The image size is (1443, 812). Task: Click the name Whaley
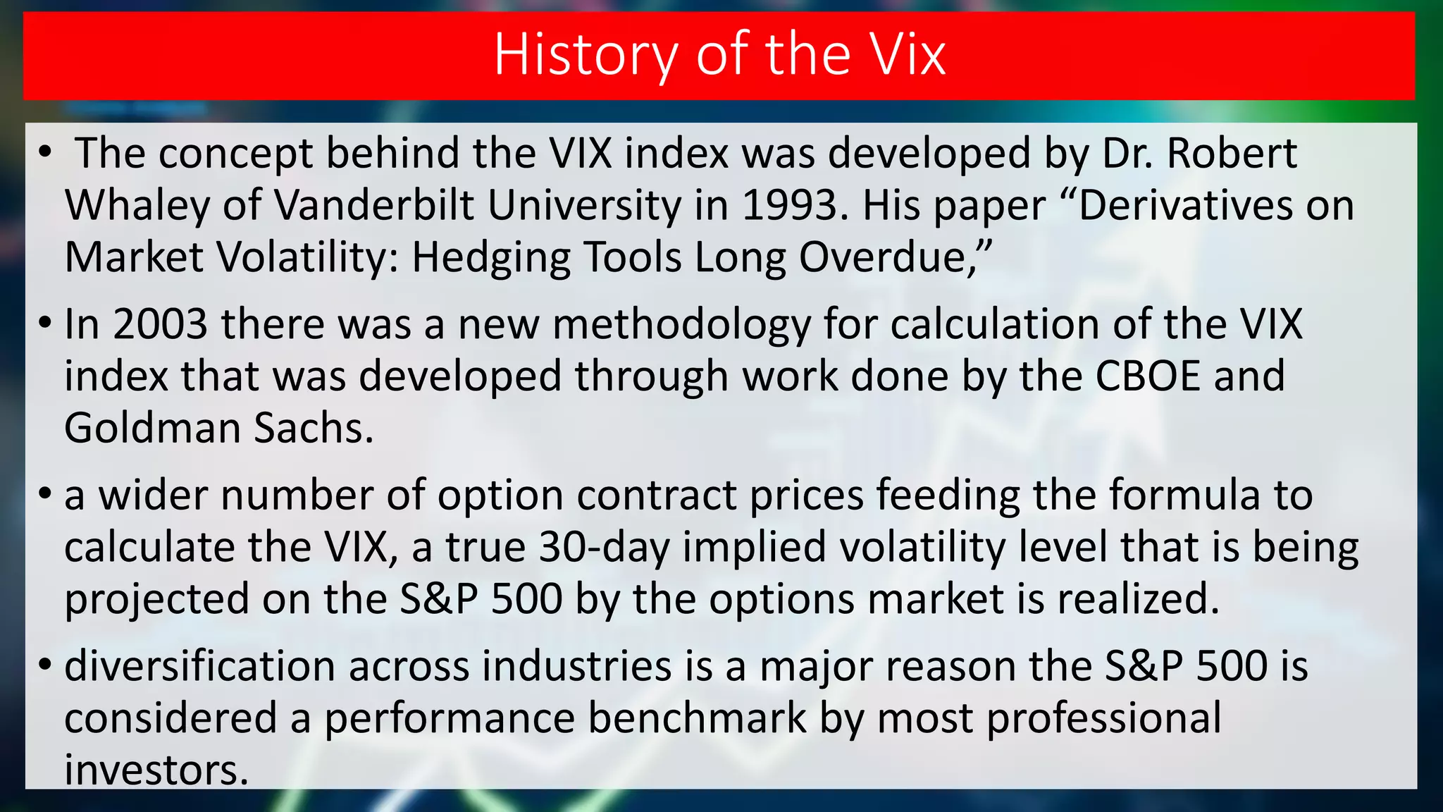[137, 206]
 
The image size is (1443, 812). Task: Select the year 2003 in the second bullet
[161, 325]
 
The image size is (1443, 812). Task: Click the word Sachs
[313, 428]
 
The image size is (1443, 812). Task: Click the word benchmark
[697, 718]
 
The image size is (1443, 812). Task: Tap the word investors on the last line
[156, 770]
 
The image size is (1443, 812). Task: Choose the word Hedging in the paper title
[491, 257]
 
